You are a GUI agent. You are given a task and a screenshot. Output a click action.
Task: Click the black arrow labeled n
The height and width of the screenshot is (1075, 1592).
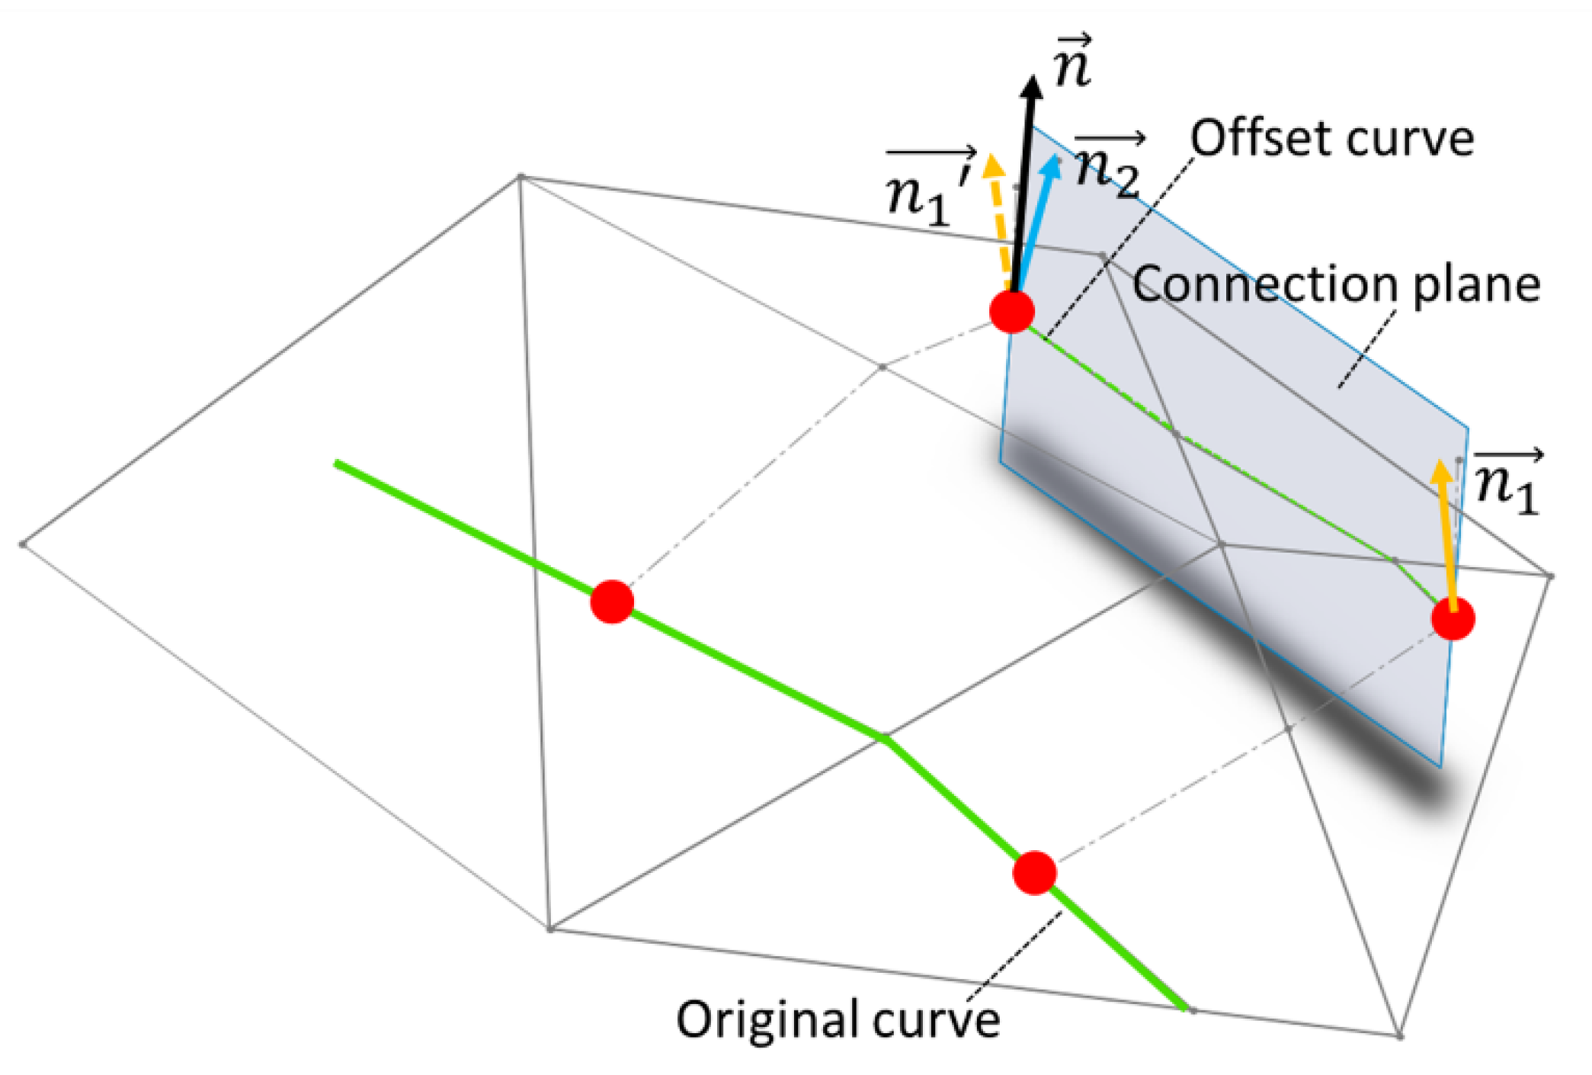click(x=1023, y=183)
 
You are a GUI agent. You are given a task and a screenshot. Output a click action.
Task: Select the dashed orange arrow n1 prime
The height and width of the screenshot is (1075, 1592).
click(x=999, y=221)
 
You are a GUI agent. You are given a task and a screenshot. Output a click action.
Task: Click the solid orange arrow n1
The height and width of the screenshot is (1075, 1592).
click(x=1446, y=534)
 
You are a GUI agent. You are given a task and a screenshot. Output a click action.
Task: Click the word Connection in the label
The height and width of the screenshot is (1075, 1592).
click(x=1266, y=284)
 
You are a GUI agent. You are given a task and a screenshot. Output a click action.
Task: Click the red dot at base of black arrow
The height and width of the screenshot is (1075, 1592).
click(x=1011, y=311)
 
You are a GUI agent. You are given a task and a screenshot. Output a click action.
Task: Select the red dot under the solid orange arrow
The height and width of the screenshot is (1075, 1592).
click(x=1453, y=619)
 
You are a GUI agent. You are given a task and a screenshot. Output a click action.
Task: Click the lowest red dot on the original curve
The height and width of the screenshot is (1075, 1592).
click(x=1034, y=873)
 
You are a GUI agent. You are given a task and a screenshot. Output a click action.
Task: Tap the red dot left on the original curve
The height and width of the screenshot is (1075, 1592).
click(x=612, y=602)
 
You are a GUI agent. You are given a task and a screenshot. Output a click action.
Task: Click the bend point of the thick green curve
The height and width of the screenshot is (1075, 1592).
click(x=884, y=737)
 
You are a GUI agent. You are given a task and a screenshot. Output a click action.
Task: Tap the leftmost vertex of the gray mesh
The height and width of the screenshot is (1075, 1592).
click(x=23, y=544)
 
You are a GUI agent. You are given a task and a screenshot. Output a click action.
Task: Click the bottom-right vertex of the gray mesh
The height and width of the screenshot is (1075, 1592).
click(x=1399, y=1035)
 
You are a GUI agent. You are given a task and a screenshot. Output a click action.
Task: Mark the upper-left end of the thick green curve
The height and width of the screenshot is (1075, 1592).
click(x=337, y=463)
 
